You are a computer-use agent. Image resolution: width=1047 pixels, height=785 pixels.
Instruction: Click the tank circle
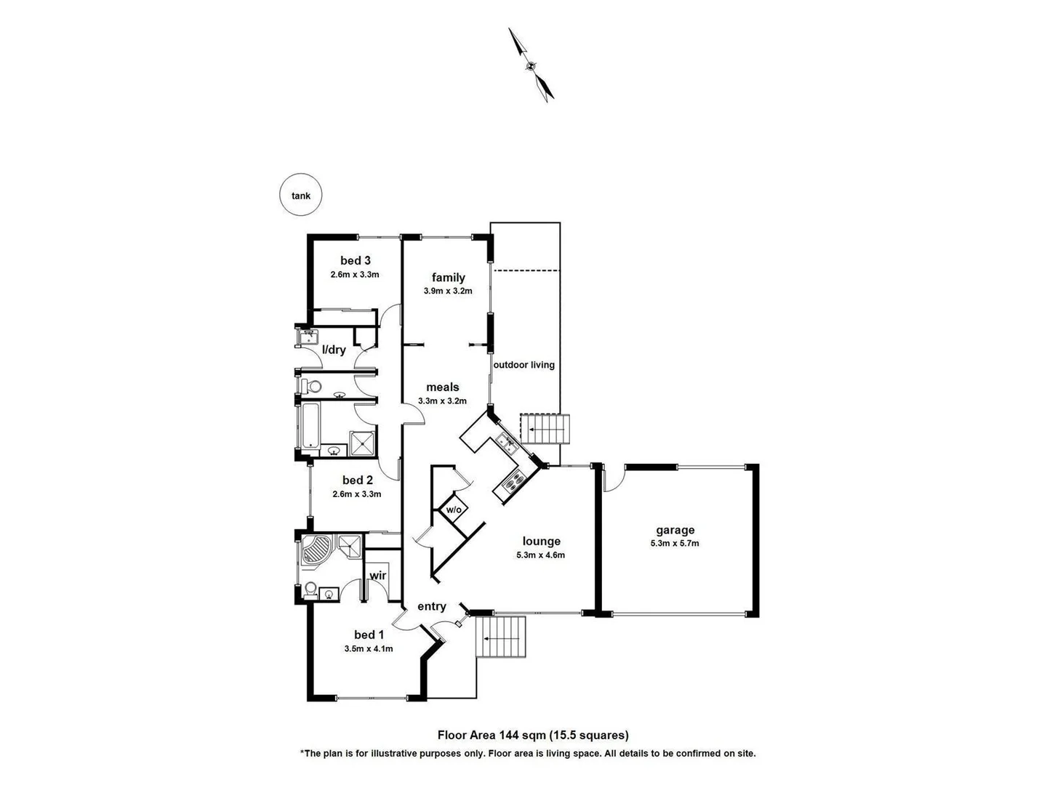[x=300, y=195]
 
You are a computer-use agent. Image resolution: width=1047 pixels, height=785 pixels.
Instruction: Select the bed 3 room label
[x=356, y=260]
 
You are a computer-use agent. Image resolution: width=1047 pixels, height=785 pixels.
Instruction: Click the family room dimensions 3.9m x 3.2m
[x=448, y=291]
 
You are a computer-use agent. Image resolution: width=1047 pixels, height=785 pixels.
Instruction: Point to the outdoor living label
[x=523, y=365]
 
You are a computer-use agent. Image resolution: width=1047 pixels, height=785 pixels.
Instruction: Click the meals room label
[x=442, y=387]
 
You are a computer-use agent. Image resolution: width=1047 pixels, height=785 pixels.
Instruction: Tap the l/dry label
[x=334, y=350]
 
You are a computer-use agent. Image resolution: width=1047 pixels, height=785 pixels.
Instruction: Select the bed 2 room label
[x=357, y=480]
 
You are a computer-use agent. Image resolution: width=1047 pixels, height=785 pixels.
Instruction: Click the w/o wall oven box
[x=453, y=510]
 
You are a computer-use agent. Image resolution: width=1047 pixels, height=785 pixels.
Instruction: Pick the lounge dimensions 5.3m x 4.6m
[x=541, y=555]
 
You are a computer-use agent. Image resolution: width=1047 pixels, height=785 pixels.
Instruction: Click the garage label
[x=675, y=530]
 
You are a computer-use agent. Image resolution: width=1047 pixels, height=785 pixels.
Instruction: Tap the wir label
[x=377, y=576]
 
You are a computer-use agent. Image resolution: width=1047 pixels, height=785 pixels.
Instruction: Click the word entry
[x=431, y=606]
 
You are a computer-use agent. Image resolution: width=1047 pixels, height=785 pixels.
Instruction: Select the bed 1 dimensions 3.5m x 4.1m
[x=369, y=648]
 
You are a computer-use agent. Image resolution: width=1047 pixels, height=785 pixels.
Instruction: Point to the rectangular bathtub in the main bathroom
[x=309, y=426]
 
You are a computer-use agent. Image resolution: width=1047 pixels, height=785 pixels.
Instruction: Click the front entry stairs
[x=500, y=637]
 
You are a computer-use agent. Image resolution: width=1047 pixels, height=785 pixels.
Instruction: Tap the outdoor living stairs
[x=545, y=429]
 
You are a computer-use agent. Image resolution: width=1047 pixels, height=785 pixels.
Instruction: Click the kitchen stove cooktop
[x=513, y=480]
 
